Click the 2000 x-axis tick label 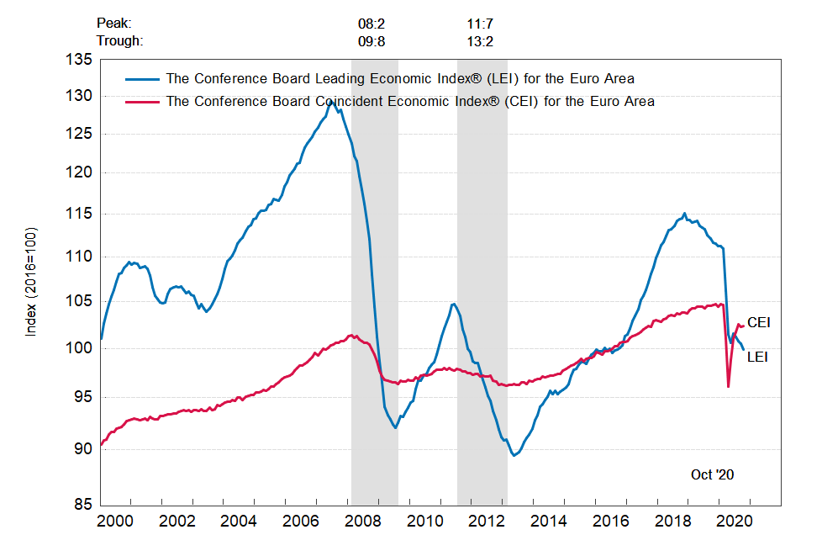117,522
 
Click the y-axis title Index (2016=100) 31,281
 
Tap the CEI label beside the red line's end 758,322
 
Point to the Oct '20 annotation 712,474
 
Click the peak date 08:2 371,24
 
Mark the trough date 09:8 371,40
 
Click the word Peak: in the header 113,24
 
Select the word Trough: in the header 119,40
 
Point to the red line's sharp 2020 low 728,386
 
